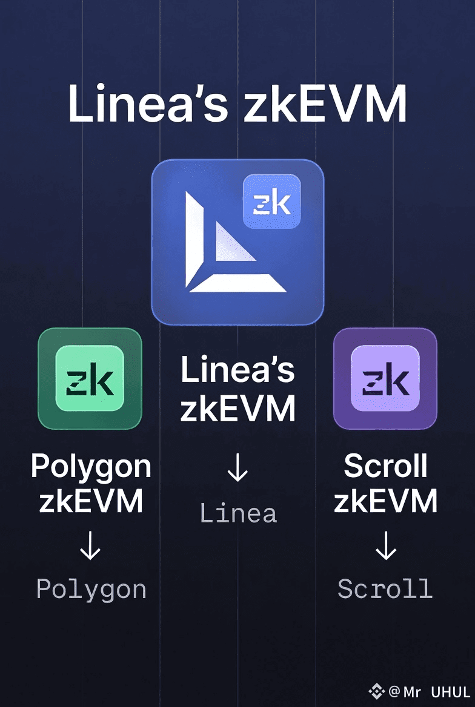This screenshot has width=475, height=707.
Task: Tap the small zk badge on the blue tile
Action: click(x=272, y=202)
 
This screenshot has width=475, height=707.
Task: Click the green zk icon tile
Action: click(x=90, y=378)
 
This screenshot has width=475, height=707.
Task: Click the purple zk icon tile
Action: click(x=385, y=378)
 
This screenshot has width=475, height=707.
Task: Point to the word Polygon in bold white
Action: click(x=91, y=466)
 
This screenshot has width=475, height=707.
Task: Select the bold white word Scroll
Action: click(x=385, y=466)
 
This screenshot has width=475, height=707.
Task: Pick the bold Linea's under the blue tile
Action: click(x=237, y=370)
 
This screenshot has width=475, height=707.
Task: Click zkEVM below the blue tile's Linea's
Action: click(x=237, y=409)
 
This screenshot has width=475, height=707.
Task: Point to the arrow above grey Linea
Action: click(x=237, y=470)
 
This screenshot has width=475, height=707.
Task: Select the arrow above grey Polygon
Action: click(x=90, y=549)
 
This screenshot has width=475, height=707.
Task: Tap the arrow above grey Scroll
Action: click(x=385, y=549)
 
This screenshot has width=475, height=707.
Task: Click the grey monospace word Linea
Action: click(x=238, y=514)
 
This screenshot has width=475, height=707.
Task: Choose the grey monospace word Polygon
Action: click(x=91, y=589)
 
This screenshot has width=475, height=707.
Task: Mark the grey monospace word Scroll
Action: click(x=385, y=589)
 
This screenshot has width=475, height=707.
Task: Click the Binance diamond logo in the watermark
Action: click(x=377, y=691)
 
